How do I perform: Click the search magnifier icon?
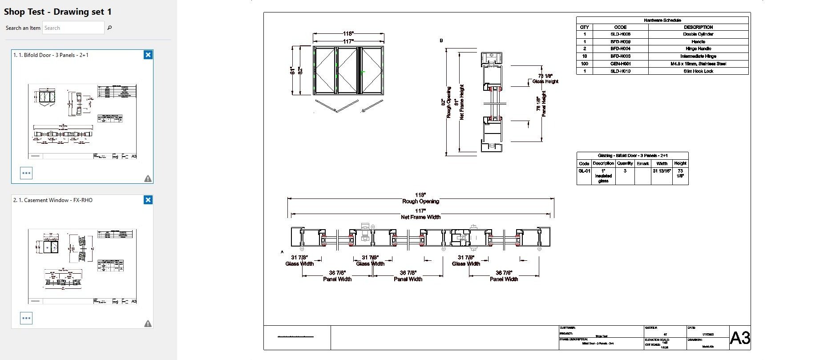click(x=109, y=28)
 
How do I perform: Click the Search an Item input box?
click(x=73, y=28)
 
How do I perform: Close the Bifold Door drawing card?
click(x=148, y=55)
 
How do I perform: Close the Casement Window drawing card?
click(x=148, y=200)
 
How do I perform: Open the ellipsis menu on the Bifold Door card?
click(x=26, y=173)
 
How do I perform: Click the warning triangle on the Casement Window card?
click(x=148, y=324)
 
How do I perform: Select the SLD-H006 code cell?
click(x=620, y=34)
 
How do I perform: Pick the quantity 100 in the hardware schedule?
click(x=584, y=64)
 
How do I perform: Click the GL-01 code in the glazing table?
click(x=584, y=171)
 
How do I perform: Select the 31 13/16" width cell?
click(x=662, y=171)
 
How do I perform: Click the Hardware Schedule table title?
click(x=662, y=20)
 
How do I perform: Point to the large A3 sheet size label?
click(x=740, y=338)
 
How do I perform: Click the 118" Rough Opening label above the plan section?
click(x=420, y=198)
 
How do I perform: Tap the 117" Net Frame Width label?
click(x=420, y=214)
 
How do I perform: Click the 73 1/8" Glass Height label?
click(x=545, y=79)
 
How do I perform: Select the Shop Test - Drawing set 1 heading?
click(x=58, y=12)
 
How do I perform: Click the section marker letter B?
click(x=441, y=40)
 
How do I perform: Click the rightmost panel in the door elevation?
click(x=372, y=70)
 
